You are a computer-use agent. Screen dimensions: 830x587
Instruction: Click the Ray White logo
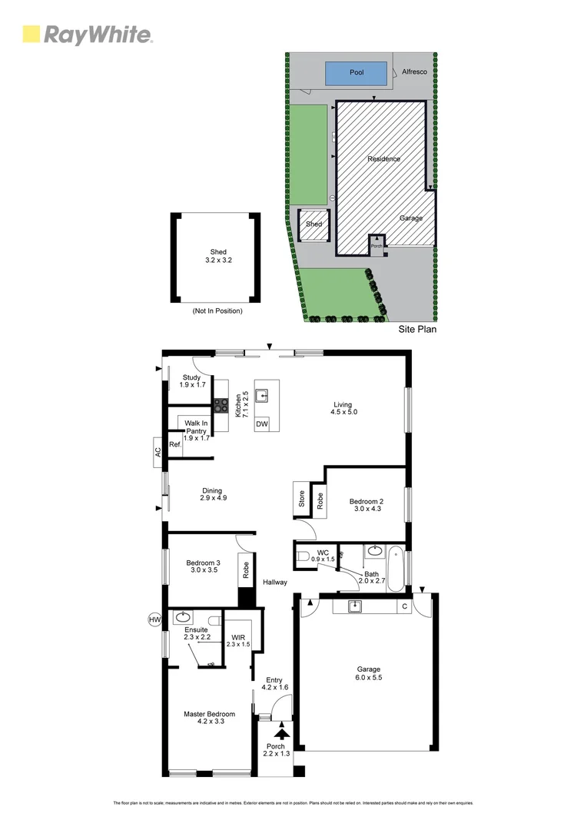[x=87, y=35]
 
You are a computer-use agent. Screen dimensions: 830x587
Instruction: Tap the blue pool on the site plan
[x=356, y=73]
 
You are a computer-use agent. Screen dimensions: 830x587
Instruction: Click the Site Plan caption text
[x=417, y=329]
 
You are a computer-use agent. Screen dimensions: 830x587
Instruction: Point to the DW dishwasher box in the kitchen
[x=262, y=424]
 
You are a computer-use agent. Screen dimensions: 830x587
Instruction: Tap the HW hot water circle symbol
[x=154, y=619]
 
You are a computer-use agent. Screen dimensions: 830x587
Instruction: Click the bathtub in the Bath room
[x=396, y=568]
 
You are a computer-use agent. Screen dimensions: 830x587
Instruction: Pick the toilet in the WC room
[x=303, y=556]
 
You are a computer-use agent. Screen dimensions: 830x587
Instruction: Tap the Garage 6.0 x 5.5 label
[x=367, y=674]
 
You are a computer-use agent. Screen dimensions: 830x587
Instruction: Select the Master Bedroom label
[x=209, y=719]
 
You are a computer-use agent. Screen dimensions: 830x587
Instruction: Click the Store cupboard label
[x=301, y=499]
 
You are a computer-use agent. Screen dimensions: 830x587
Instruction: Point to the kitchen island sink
[x=262, y=396]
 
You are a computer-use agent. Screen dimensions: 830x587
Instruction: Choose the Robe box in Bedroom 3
[x=246, y=569]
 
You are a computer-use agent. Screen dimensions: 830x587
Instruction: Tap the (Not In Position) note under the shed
[x=217, y=311]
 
